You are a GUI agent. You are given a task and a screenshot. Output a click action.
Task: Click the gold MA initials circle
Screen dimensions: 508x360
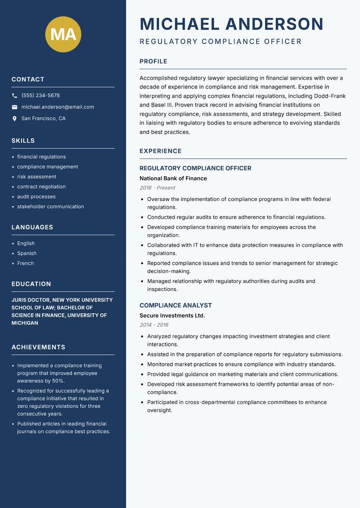pyautogui.click(x=63, y=34)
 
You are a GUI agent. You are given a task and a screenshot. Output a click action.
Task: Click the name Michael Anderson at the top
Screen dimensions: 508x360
pyautogui.click(x=231, y=24)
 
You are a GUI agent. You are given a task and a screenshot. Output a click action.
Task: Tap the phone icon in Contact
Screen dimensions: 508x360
pyautogui.click(x=14, y=96)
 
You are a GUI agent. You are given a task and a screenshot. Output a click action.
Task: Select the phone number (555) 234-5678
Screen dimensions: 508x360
pyautogui.click(x=40, y=96)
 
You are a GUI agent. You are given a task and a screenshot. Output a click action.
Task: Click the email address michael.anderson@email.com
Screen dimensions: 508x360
pyautogui.click(x=58, y=107)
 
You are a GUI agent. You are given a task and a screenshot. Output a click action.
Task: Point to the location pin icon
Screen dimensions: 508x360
pyautogui.click(x=14, y=119)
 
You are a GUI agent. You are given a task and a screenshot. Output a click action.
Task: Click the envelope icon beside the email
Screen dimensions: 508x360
pyautogui.click(x=14, y=107)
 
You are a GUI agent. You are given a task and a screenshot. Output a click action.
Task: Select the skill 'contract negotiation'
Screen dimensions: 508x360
pyautogui.click(x=41, y=187)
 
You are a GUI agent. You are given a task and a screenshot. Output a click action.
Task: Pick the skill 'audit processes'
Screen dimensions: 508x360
pyautogui.click(x=36, y=196)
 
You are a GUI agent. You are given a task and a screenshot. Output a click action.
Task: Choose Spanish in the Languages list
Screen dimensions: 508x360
pyautogui.click(x=27, y=254)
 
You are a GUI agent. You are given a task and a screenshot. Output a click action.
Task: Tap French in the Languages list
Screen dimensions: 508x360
pyautogui.click(x=26, y=263)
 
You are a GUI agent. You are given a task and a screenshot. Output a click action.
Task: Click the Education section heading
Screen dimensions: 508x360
pyautogui.click(x=31, y=284)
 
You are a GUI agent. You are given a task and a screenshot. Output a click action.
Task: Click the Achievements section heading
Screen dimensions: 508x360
pyautogui.click(x=38, y=347)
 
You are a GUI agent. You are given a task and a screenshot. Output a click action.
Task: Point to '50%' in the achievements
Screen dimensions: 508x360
pyautogui.click(x=58, y=381)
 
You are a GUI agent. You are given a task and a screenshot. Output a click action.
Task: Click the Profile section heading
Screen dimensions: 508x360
pyautogui.click(x=153, y=62)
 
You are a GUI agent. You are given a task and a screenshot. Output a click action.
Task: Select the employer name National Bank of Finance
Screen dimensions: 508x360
pyautogui.click(x=173, y=178)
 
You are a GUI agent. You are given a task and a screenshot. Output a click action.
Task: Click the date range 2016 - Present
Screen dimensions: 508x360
pyautogui.click(x=157, y=188)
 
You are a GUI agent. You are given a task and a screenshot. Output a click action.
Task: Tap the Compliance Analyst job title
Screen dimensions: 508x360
pyautogui.click(x=175, y=305)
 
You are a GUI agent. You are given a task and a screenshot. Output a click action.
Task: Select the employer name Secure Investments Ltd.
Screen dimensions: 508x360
pyautogui.click(x=172, y=316)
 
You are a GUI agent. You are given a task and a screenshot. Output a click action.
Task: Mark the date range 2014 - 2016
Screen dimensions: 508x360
pyautogui.click(x=154, y=325)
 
